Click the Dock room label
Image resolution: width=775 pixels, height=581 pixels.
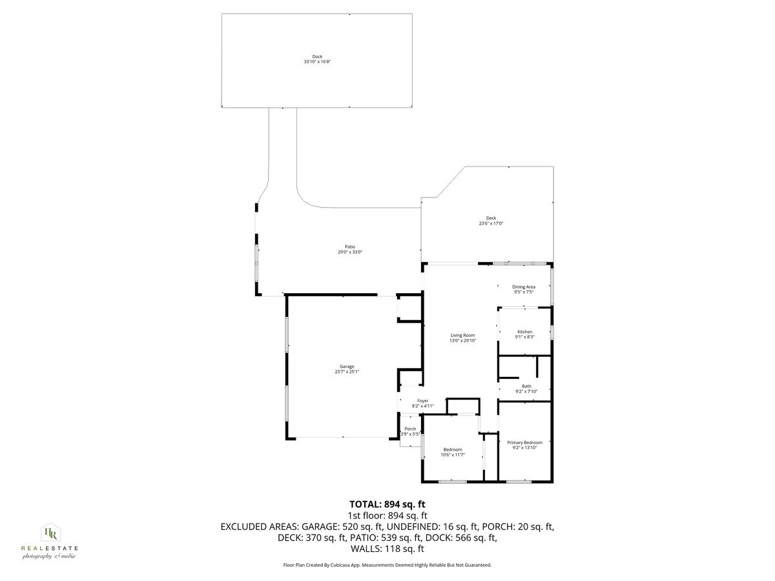tap(316, 56)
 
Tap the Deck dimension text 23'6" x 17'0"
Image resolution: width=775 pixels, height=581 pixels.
tap(491, 223)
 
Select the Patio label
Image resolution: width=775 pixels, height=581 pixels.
tap(349, 247)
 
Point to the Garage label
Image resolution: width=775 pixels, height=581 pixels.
tap(347, 366)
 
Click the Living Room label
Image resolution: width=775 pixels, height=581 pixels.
tap(462, 335)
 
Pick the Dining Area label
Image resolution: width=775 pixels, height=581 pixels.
tap(523, 287)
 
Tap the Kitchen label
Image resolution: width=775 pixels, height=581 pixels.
tap(524, 332)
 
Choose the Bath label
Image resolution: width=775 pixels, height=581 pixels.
tap(526, 386)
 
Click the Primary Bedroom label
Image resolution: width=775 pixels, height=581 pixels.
tap(524, 442)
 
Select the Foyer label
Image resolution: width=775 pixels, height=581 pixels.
tap(422, 401)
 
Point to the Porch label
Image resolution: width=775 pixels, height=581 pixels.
tap(410, 429)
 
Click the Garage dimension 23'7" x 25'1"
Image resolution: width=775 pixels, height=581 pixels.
tap(347, 372)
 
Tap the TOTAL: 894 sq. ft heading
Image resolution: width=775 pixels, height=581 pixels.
tap(387, 504)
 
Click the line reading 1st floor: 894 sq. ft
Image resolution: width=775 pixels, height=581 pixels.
tap(387, 515)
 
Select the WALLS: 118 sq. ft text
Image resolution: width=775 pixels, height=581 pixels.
tap(387, 549)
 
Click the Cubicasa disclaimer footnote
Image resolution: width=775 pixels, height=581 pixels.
tap(387, 565)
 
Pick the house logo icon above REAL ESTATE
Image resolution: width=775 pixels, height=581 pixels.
tap(50, 533)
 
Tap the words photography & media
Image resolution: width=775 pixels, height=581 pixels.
tap(49, 556)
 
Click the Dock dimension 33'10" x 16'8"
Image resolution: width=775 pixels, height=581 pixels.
tap(316, 62)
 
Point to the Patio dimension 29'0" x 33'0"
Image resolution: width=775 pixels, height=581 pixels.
tap(349, 252)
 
